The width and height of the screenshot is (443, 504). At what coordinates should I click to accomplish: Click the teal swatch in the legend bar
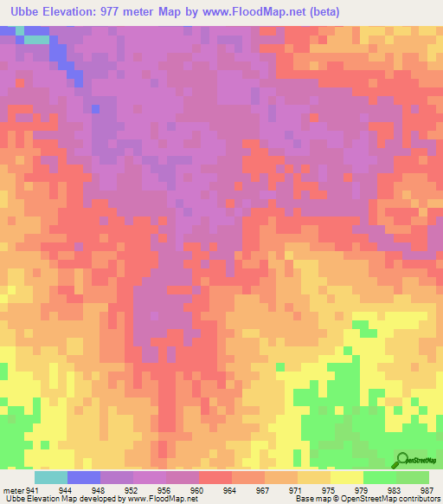(51, 477)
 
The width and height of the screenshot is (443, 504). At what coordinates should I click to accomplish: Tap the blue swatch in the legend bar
(84, 477)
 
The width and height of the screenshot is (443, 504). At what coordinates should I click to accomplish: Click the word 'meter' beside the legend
(13, 490)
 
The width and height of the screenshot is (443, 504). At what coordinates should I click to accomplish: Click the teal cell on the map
(36, 39)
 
